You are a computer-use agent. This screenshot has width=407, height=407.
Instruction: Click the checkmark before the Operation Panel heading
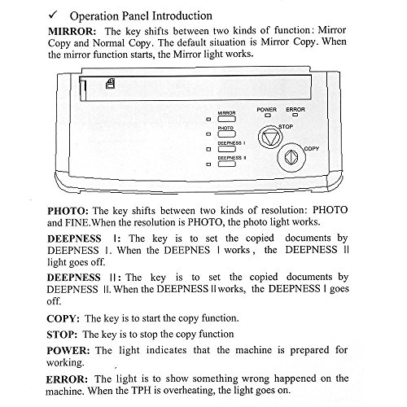[x=53, y=15]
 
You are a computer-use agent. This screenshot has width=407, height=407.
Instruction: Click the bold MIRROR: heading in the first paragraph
[x=72, y=32]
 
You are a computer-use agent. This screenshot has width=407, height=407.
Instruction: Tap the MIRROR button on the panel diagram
[x=227, y=119]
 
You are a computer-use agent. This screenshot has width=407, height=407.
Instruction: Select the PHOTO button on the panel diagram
[x=227, y=133]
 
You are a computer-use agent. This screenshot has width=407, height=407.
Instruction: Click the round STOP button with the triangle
[x=270, y=137]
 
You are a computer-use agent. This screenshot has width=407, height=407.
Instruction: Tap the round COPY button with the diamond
[x=291, y=158]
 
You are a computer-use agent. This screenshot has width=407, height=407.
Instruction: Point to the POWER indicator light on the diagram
[x=268, y=116]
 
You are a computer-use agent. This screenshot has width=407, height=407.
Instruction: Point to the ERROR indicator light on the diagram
[x=295, y=115]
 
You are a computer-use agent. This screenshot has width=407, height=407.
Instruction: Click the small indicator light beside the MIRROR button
[x=208, y=119]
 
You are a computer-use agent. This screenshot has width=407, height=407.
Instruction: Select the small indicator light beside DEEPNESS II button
[x=208, y=164]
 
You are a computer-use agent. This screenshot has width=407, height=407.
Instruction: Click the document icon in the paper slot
[x=110, y=84]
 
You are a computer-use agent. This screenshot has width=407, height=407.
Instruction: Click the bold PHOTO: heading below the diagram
[x=68, y=211]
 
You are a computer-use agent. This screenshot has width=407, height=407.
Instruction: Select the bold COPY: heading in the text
[x=63, y=318]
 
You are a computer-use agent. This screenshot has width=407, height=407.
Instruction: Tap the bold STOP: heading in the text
[x=62, y=335]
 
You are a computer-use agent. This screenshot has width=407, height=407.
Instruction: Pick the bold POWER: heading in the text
[x=68, y=351]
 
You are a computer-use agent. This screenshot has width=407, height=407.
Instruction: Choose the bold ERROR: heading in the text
[x=67, y=379]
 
